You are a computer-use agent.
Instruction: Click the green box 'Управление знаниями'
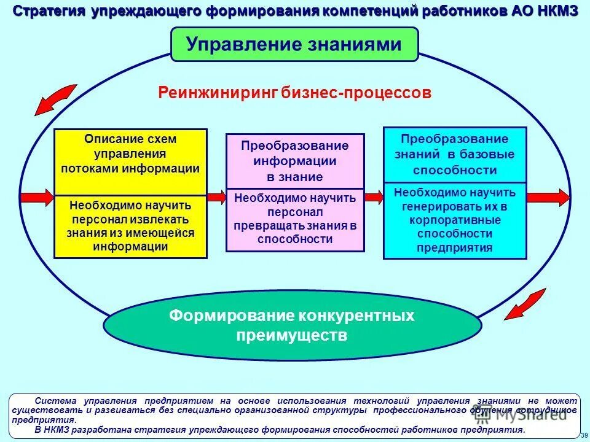(294, 44)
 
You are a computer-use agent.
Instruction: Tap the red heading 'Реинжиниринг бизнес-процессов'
(295, 93)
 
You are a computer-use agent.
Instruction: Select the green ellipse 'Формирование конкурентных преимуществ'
(292, 326)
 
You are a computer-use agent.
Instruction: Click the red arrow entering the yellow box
(37, 196)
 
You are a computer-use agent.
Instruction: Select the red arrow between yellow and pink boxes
(216, 196)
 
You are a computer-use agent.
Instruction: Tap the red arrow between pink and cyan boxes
(374, 196)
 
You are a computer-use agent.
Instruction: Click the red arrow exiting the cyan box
(548, 196)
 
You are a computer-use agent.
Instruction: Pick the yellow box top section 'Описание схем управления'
(130, 154)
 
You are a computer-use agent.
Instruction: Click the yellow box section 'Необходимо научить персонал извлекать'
(130, 226)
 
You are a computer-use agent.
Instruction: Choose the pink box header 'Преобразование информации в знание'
(295, 161)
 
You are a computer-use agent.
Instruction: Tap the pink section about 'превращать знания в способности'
(295, 219)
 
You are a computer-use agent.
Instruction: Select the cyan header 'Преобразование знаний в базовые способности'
(455, 155)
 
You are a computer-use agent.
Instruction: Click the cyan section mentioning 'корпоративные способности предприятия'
(455, 220)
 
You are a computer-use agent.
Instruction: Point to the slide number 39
(583, 435)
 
